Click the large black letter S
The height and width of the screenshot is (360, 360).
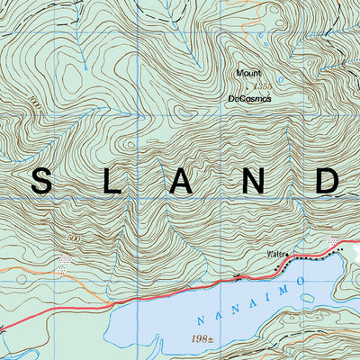[x=41, y=181]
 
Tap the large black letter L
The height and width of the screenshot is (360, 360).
[x=112, y=181]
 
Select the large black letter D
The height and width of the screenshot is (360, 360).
[x=328, y=181]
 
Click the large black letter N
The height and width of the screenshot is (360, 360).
[x=256, y=181]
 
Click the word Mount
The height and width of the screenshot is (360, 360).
[x=247, y=73]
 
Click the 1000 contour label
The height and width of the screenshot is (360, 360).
[x=35, y=102]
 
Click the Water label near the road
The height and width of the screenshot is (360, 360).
[x=274, y=255]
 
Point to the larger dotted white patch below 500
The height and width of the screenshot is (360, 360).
[x=63, y=263]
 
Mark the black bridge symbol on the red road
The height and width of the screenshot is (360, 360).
[x=236, y=279]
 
